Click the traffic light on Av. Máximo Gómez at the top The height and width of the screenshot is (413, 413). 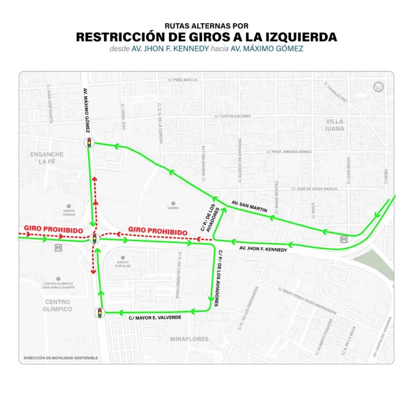click(88, 143)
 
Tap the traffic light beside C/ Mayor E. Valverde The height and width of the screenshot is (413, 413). click(99, 312)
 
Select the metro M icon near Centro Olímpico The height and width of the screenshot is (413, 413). click(58, 247)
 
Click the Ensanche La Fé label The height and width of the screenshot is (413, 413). click(47, 158)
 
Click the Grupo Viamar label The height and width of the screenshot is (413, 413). click(68, 211)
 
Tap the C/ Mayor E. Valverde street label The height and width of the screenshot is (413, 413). click(154, 318)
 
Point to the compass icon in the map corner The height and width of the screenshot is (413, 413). click(378, 86)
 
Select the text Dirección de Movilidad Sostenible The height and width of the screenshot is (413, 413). click(61, 358)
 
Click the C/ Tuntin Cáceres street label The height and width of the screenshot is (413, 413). click(233, 116)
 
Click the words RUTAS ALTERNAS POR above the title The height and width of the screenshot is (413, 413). click(206, 25)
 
